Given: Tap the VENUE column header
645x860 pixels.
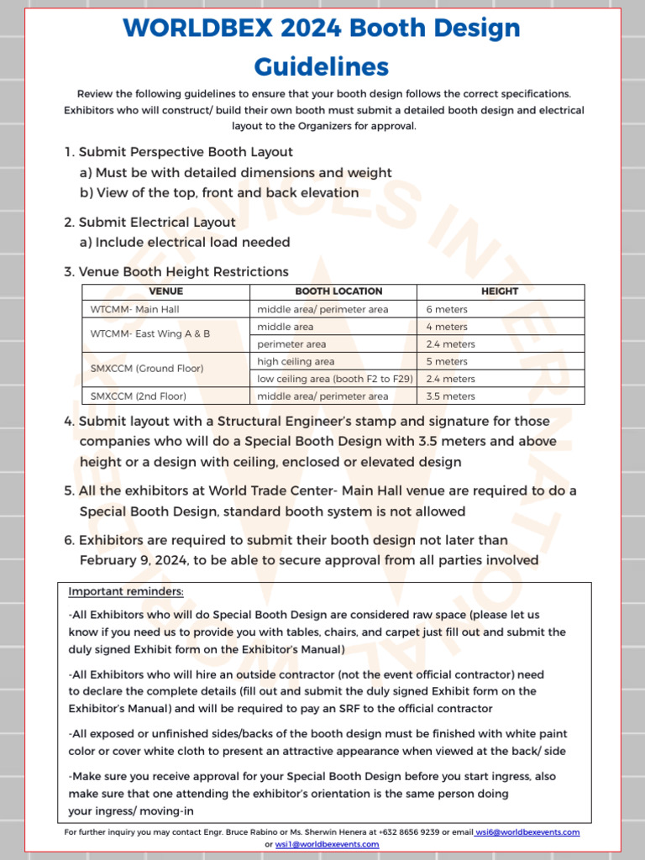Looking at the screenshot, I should (165, 291).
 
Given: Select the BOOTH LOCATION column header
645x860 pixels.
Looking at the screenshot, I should (333, 291).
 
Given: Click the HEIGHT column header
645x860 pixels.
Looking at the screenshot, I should (500, 291).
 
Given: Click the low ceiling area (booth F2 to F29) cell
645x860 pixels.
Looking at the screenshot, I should (334, 379).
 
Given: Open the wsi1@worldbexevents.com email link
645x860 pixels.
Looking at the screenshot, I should (327, 844).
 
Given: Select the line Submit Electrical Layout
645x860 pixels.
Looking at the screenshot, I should (157, 223).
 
